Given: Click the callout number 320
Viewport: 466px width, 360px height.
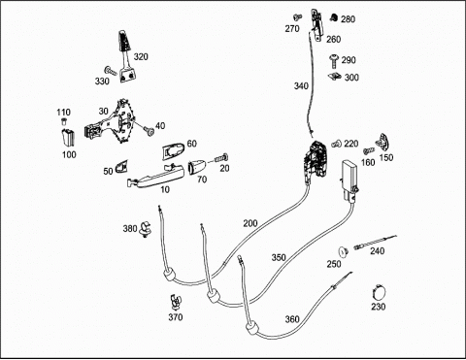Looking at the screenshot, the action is [141, 57].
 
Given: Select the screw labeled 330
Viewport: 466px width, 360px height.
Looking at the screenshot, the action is [111, 71].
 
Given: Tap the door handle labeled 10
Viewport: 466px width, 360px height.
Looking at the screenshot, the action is [156, 178].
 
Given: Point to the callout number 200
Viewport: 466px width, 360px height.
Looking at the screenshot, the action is [250, 223].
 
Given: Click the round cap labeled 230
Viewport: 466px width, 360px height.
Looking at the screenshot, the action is [379, 293].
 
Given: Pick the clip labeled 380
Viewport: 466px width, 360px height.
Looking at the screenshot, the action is [147, 229].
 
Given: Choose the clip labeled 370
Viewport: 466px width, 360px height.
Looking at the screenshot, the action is [175, 302].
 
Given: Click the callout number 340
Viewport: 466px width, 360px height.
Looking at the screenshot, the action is [301, 86].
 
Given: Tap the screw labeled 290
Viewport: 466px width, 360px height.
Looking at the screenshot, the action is [334, 61].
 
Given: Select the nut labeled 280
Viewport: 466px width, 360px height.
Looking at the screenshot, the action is [334, 17].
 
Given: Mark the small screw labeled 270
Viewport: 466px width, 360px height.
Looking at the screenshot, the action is [297, 16].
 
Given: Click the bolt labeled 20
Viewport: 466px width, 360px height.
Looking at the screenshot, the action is [221, 159].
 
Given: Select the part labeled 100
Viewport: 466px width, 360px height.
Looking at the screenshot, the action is [68, 138].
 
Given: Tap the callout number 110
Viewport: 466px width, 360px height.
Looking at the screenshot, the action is [63, 113].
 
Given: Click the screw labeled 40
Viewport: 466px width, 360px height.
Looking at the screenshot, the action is [150, 131].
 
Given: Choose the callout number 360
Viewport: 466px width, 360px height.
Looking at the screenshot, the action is [292, 319].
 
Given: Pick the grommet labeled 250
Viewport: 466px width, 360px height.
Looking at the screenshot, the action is [343, 252].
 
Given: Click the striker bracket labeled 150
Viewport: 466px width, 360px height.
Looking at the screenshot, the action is [383, 143].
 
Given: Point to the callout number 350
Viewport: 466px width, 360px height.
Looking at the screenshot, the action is [279, 257].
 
